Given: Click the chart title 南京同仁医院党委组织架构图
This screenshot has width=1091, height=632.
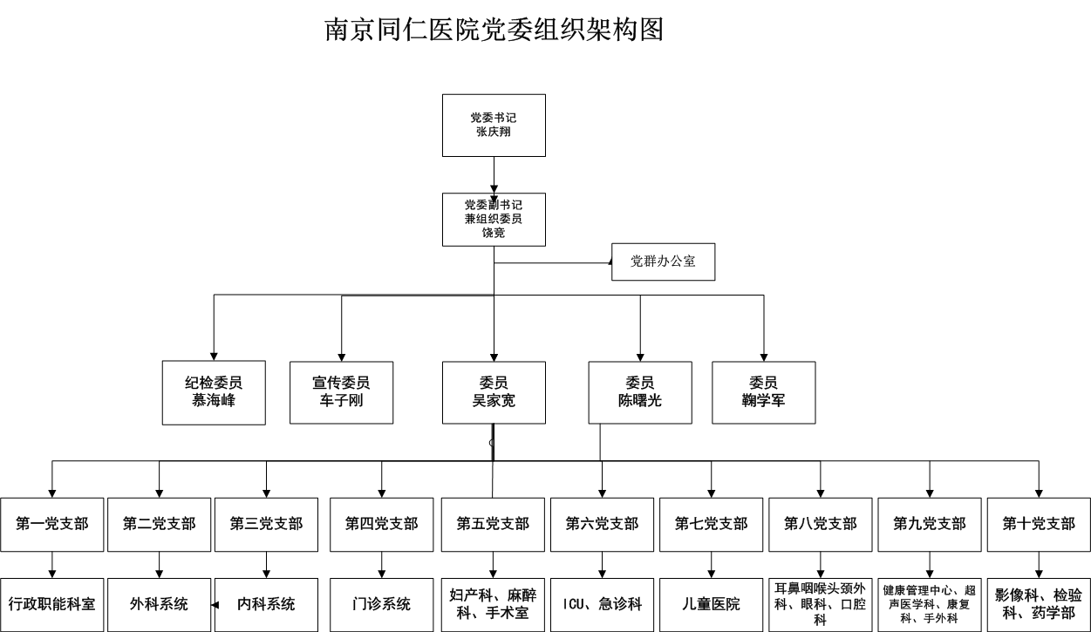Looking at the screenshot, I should pyautogui.click(x=494, y=30).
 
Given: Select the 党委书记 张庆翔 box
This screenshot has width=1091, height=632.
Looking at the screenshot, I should pyautogui.click(x=494, y=126).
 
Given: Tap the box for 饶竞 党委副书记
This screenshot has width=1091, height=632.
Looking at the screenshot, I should pyautogui.click(x=494, y=219).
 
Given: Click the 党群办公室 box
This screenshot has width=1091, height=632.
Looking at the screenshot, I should pyautogui.click(x=663, y=262).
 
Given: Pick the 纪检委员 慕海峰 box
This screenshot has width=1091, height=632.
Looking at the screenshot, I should pyautogui.click(x=214, y=393).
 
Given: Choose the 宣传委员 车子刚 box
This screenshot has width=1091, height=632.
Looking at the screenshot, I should pyautogui.click(x=341, y=393).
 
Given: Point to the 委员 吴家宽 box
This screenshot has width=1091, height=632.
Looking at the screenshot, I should pyautogui.click(x=494, y=393).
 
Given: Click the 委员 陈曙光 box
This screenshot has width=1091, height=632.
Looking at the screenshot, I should pyautogui.click(x=640, y=393).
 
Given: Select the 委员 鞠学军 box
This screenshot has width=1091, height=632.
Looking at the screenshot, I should pyautogui.click(x=764, y=393).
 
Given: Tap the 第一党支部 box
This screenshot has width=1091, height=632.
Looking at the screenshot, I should pyautogui.click(x=52, y=524).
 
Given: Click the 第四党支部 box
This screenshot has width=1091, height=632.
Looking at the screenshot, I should pyautogui.click(x=381, y=524).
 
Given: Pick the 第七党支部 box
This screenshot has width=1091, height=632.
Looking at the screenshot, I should pyautogui.click(x=711, y=524).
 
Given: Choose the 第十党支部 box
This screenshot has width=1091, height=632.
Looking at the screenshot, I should pyautogui.click(x=1039, y=524).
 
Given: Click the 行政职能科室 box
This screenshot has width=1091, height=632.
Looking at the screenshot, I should pyautogui.click(x=52, y=604).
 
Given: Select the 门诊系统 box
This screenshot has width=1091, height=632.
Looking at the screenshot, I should pyautogui.click(x=381, y=604).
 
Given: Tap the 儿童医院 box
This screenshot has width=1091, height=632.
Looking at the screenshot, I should pyautogui.click(x=711, y=604).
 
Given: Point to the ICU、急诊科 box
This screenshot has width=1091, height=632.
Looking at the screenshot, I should pyautogui.click(x=602, y=604).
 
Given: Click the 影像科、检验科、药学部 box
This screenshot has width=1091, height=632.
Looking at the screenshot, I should pyautogui.click(x=1039, y=604).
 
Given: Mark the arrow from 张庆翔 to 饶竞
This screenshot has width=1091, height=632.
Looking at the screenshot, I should pyautogui.click(x=494, y=174).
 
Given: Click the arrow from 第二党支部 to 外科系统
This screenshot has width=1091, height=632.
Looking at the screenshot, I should pyautogui.click(x=159, y=565).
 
